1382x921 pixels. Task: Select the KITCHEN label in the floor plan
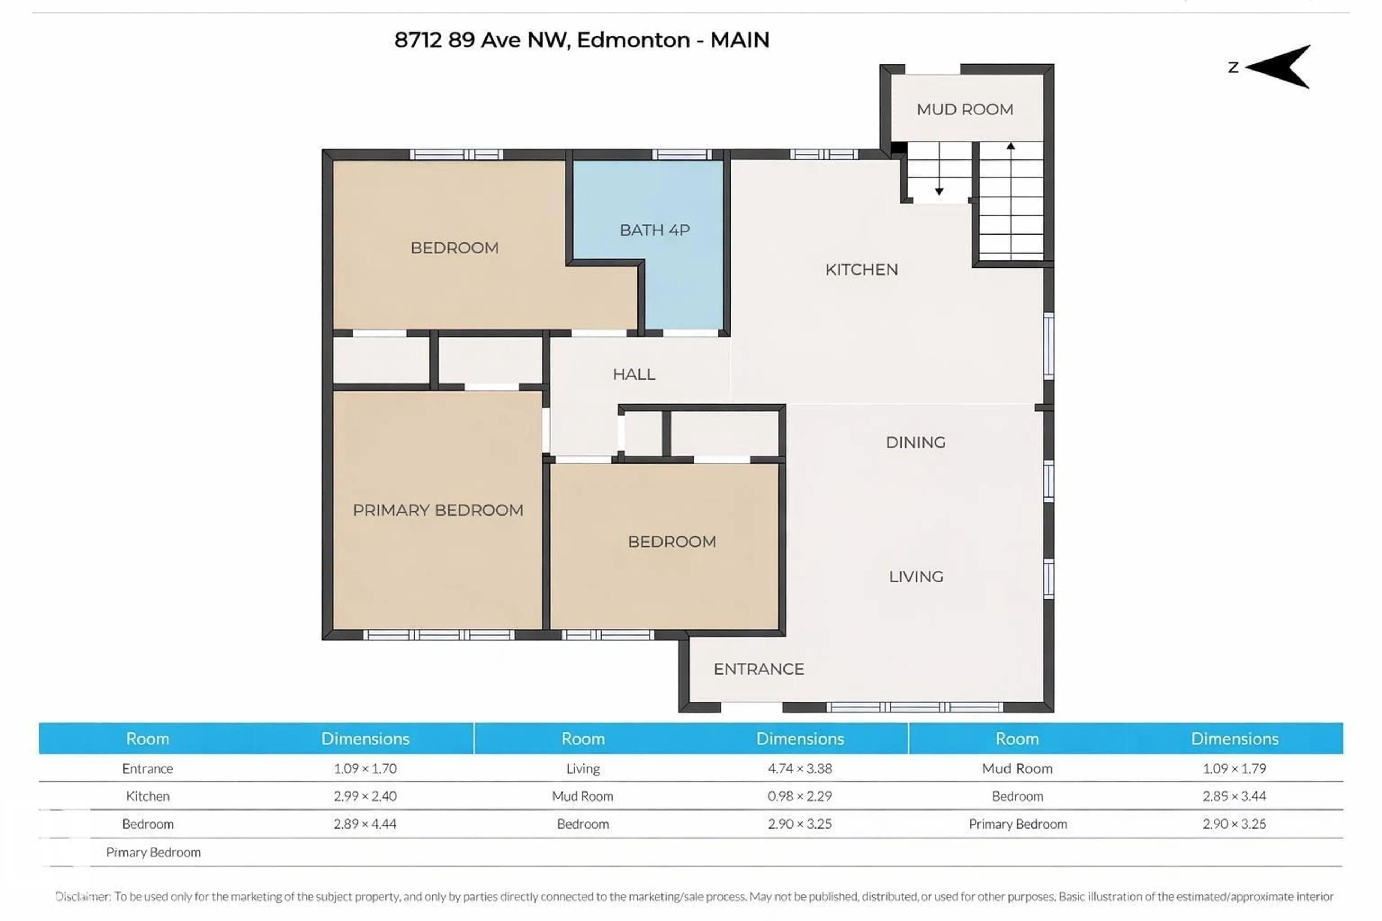(x=861, y=269)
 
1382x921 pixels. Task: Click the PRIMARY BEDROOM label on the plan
(x=437, y=510)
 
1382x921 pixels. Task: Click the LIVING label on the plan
(x=916, y=577)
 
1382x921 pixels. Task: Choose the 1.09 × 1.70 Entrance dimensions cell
(x=365, y=768)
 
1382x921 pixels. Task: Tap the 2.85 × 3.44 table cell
(x=1234, y=796)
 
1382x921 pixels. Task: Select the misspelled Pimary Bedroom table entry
(x=153, y=852)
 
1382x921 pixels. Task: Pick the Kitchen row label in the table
(x=148, y=796)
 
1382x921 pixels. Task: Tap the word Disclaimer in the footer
(x=83, y=896)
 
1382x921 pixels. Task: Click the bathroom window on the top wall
(x=682, y=154)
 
